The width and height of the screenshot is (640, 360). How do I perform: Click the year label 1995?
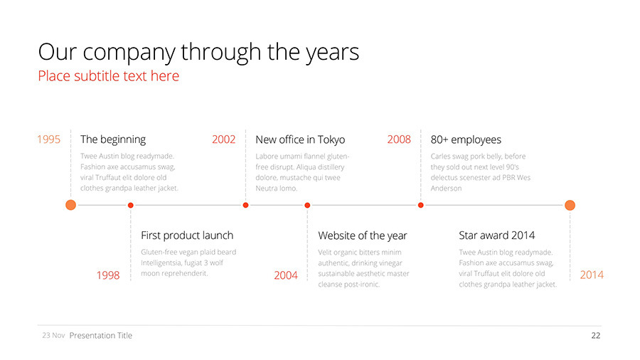(x=48, y=139)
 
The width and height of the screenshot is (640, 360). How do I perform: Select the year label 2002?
(x=224, y=139)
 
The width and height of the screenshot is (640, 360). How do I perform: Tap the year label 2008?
(x=399, y=139)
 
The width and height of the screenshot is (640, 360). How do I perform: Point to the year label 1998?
(x=108, y=275)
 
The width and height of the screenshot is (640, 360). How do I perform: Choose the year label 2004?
(x=286, y=275)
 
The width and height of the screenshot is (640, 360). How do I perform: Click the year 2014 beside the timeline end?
(x=592, y=275)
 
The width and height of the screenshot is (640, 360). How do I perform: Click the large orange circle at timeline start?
(x=70, y=205)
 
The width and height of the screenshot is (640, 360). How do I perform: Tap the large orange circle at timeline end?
(x=570, y=205)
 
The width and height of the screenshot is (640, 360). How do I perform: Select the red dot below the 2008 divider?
(x=421, y=205)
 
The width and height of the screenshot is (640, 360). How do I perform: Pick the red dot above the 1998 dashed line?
(x=131, y=205)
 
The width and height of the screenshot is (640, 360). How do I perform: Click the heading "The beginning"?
(x=113, y=139)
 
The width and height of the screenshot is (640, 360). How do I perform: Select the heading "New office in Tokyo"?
(x=300, y=140)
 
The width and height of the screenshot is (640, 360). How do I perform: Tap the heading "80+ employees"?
(x=466, y=140)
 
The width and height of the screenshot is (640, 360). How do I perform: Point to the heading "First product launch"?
(x=187, y=235)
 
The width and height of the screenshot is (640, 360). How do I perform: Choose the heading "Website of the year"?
(x=363, y=236)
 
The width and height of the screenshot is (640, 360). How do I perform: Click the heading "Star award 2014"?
(x=497, y=235)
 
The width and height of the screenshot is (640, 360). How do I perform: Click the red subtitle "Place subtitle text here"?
(x=109, y=76)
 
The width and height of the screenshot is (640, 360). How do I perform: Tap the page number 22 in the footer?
(x=596, y=336)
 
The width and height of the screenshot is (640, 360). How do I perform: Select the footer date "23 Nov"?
(x=53, y=336)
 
